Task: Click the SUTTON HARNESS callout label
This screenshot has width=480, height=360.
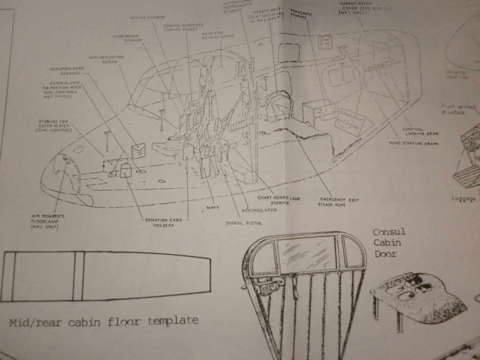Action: pyautogui.click(x=147, y=18)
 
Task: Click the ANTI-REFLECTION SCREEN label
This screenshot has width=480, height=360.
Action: pyautogui.click(x=107, y=59)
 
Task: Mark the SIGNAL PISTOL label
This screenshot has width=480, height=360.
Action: pyautogui.click(x=243, y=223)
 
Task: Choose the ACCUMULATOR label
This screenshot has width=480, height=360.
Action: pyautogui.click(x=259, y=210)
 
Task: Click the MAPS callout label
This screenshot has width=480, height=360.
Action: pyautogui.click(x=213, y=207)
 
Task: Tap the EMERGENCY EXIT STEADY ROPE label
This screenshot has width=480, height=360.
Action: pyautogui.click(x=338, y=202)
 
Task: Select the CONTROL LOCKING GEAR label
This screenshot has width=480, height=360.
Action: pyautogui.click(x=420, y=132)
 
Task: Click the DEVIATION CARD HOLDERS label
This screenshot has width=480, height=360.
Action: pyautogui.click(x=159, y=222)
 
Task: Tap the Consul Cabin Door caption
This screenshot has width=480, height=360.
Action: pyautogui.click(x=389, y=243)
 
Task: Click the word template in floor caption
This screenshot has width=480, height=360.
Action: pyautogui.click(x=173, y=321)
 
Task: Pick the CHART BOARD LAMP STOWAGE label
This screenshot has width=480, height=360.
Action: pyautogui.click(x=279, y=200)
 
